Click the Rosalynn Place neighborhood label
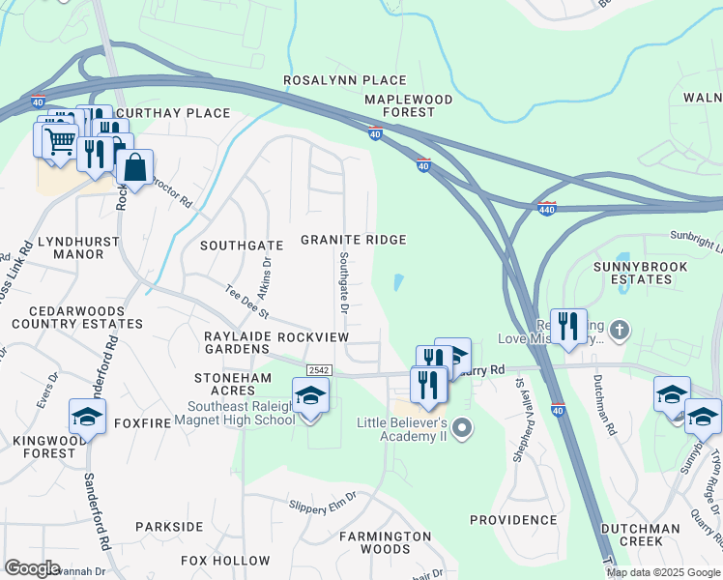[x=344, y=80]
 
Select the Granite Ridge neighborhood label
[x=352, y=240]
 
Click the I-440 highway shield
[x=547, y=209]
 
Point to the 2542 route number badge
[x=319, y=370]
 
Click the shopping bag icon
[x=134, y=168]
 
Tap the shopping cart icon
[x=59, y=141]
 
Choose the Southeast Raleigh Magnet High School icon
[x=309, y=396]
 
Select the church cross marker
[x=619, y=331]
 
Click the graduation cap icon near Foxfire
[x=88, y=417]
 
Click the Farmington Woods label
[x=386, y=542]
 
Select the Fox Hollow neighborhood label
[x=226, y=561]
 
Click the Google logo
[x=33, y=568]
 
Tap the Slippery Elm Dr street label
[x=323, y=500]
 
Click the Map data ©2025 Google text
[x=662, y=572]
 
